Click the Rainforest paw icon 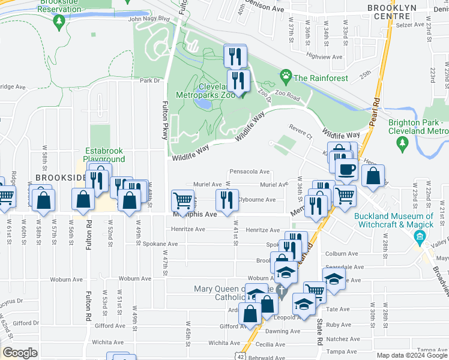(286, 77)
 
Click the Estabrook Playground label (104, 155)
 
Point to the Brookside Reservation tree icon (58, 22)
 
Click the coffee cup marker (346, 169)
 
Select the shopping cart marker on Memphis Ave (182, 200)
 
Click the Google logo (19, 352)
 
